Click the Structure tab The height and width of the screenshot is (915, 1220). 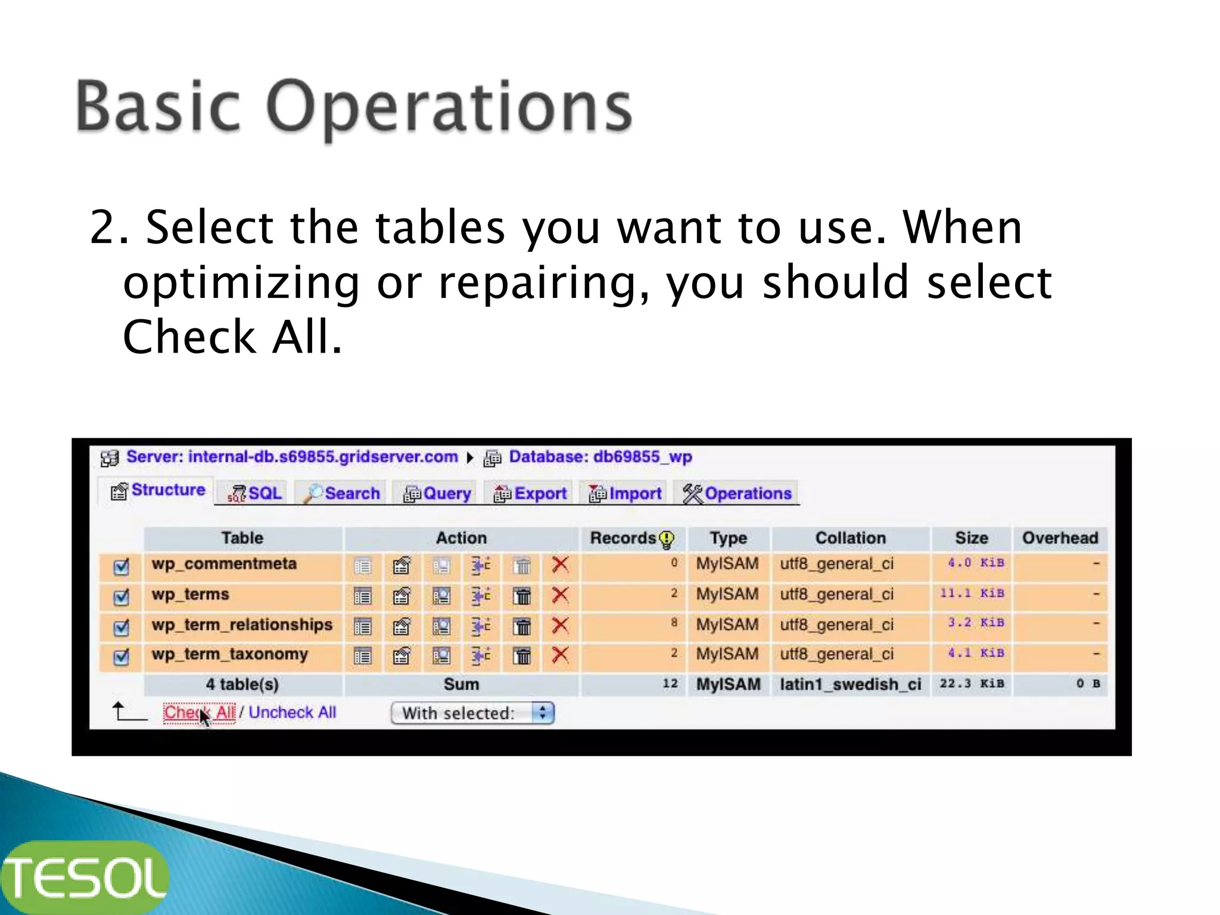click(158, 491)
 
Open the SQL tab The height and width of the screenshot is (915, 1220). click(255, 494)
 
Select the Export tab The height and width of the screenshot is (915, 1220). click(530, 494)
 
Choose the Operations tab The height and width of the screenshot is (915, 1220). click(737, 494)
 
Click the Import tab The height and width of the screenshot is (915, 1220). click(625, 494)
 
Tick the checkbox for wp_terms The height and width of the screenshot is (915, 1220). click(122, 597)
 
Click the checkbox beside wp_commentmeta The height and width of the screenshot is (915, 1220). click(122, 567)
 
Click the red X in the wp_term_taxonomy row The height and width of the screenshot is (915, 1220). click(560, 655)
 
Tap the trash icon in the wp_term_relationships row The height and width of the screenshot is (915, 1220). click(522, 627)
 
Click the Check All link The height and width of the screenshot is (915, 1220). click(200, 712)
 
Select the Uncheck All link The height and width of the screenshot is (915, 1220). click(292, 712)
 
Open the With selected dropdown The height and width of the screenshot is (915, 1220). click(472, 713)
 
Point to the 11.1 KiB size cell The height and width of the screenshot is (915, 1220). click(972, 593)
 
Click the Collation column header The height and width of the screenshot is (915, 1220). click(850, 538)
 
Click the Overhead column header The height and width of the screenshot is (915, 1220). click(1060, 538)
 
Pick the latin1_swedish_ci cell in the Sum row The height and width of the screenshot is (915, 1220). click(850, 684)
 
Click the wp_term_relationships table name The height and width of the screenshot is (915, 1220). click(242, 625)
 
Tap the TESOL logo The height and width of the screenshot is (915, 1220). click(85, 877)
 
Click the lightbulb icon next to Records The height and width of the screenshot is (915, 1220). click(667, 540)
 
